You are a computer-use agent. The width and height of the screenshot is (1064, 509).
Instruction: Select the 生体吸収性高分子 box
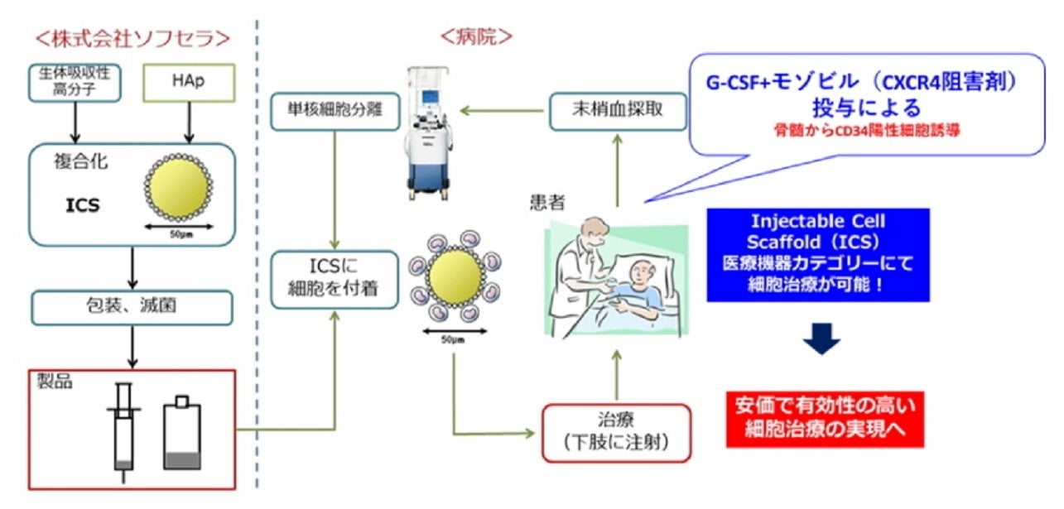pyautogui.click(x=74, y=84)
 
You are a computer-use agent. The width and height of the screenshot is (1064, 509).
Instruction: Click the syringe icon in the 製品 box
pyautogui.click(x=123, y=430)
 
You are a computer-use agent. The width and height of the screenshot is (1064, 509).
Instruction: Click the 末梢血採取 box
pyautogui.click(x=617, y=110)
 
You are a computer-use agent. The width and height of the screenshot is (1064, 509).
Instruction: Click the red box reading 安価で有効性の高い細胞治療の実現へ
pyautogui.click(x=829, y=418)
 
